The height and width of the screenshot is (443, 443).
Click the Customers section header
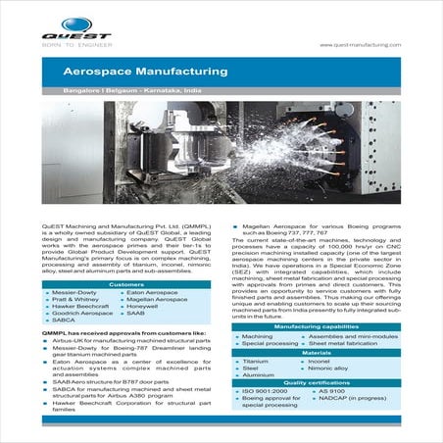(125, 284)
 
